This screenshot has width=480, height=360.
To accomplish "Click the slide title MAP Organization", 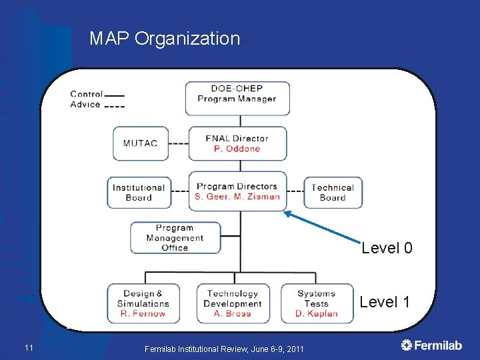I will pyautogui.click(x=165, y=39).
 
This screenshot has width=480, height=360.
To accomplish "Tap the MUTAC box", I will pyautogui.click(x=140, y=143).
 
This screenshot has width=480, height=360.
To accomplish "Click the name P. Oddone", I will pyautogui.click(x=237, y=149).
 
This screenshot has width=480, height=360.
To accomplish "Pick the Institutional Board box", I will pyautogui.click(x=139, y=193).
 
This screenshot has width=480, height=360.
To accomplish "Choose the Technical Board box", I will pyautogui.click(x=333, y=193).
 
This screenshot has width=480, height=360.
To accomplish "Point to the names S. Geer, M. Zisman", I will pyautogui.click(x=237, y=197).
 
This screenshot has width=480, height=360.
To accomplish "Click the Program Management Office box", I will pyautogui.click(x=175, y=238).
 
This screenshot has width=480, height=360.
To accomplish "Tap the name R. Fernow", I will pyautogui.click(x=143, y=313).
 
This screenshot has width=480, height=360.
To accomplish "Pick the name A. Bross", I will pyautogui.click(x=233, y=313).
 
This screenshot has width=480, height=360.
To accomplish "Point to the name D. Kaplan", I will pyautogui.click(x=317, y=313).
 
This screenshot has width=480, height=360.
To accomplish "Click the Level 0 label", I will pyautogui.click(x=387, y=249).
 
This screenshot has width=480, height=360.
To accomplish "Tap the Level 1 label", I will pyautogui.click(x=385, y=302).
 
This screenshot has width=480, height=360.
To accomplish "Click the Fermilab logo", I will pyautogui.click(x=431, y=345).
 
